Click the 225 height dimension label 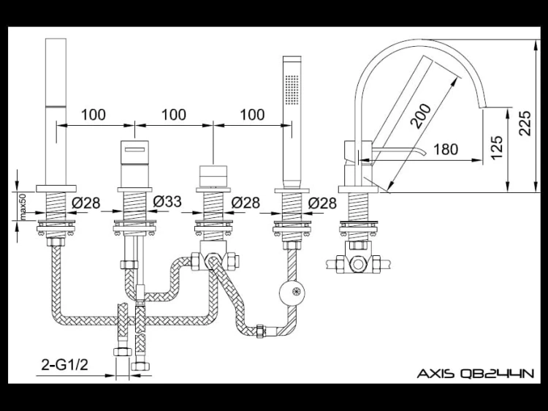click(x=525, y=123)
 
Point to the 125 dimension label click(x=496, y=147)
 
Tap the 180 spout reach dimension click(x=446, y=149)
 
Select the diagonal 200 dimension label click(x=421, y=116)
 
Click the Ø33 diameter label click(x=167, y=201)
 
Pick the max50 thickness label click(x=23, y=207)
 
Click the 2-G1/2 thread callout click(x=64, y=365)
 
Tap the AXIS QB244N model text click(x=476, y=374)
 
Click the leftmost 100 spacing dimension click(x=94, y=115)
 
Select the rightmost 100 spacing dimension click(x=253, y=115)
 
